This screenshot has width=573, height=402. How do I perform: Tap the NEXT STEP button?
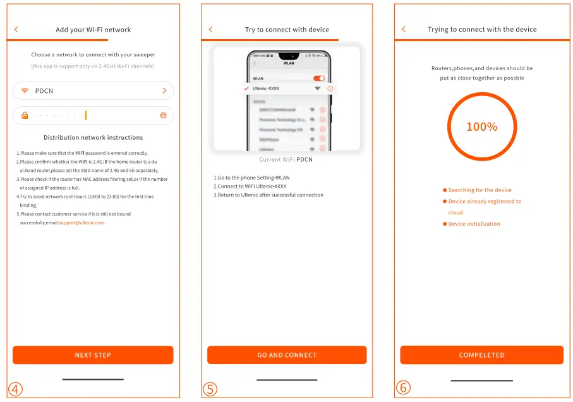pos(93,355)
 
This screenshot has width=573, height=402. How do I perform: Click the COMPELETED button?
pos(481,355)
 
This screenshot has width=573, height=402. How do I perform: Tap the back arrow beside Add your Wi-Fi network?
pos(16,30)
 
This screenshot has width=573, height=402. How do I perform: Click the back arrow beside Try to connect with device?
pos(211,30)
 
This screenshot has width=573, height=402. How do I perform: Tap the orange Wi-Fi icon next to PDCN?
pos(25,91)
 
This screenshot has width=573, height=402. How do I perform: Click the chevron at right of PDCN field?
pos(164,91)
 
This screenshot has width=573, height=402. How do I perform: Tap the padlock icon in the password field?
pos(25,116)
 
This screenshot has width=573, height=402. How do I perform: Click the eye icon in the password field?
pos(163,116)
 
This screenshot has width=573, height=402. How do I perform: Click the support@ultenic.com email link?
pos(81,222)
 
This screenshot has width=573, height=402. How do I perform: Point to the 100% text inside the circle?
pos(481,127)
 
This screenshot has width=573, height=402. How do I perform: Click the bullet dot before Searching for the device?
pos(445,190)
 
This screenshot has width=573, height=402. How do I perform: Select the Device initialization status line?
pos(474,224)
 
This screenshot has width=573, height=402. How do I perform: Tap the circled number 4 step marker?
pos(16,389)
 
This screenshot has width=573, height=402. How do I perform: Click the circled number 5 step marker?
pos(210,389)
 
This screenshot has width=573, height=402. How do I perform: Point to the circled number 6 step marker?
pos(403,387)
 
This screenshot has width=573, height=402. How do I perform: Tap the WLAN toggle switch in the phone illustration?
pos(319,78)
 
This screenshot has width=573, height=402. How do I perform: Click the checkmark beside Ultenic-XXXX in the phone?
pos(246,88)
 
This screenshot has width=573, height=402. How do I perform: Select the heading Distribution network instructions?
pos(93,137)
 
